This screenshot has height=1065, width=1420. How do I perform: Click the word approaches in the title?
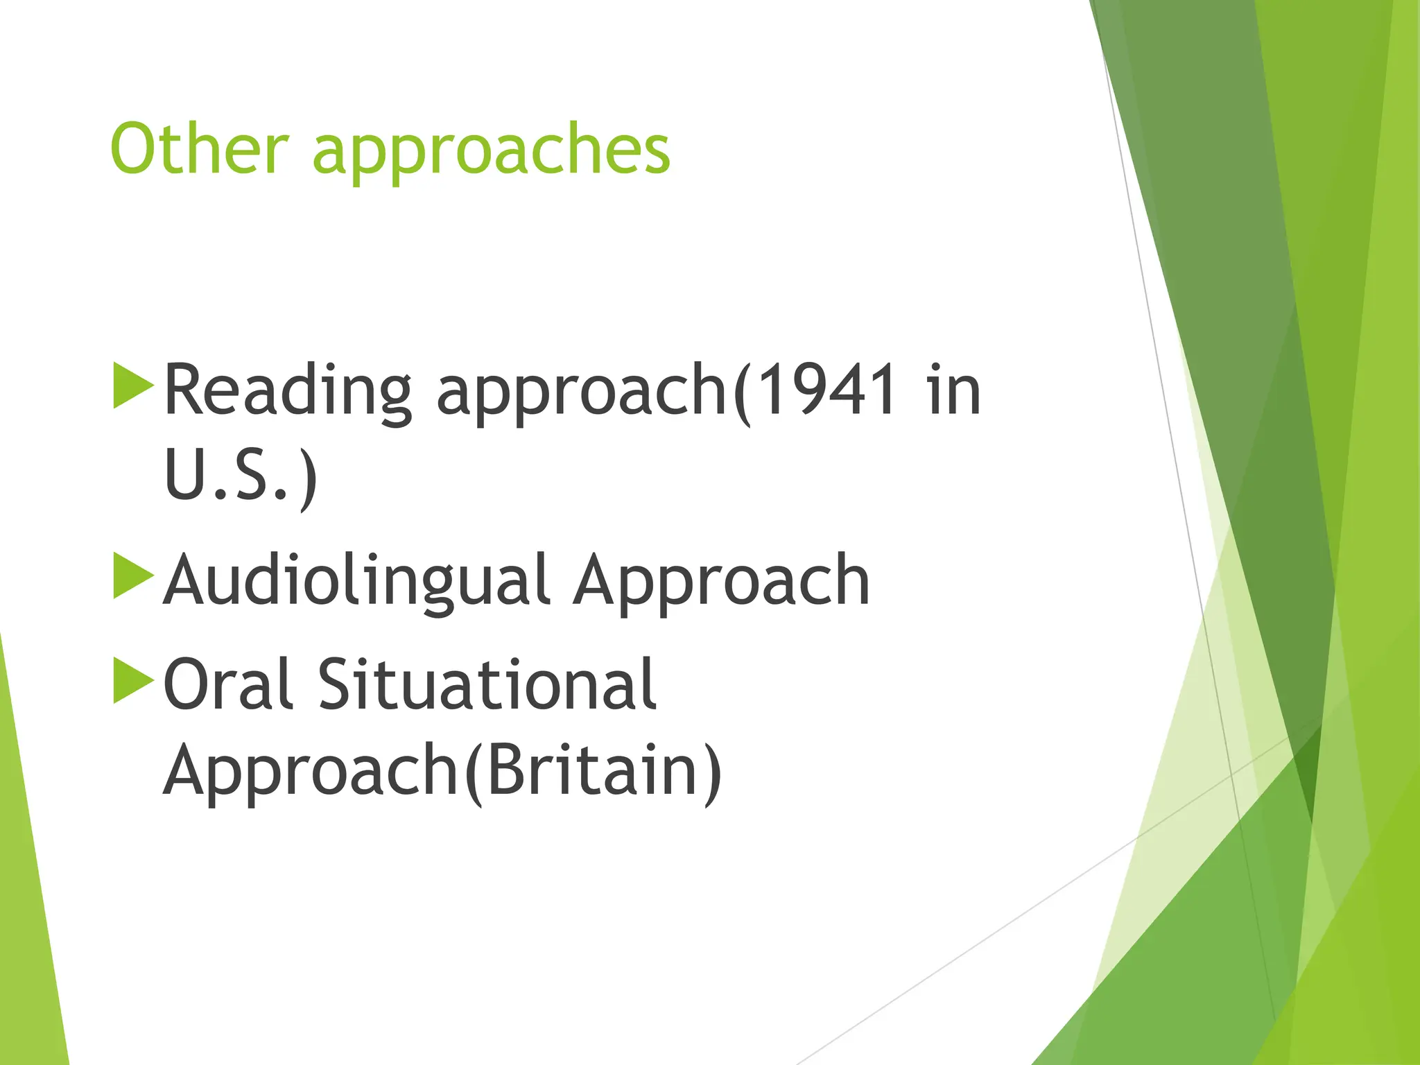pos(492,154)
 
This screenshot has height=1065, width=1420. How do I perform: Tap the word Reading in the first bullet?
pos(288,391)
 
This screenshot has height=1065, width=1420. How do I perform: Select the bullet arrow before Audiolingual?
pos(132,575)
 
